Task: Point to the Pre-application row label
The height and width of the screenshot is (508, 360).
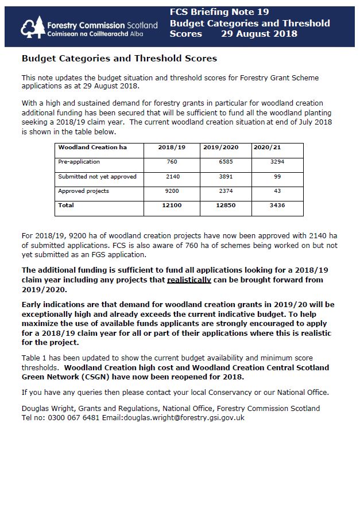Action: (x=79, y=162)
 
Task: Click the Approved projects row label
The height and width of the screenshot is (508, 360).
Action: (x=83, y=191)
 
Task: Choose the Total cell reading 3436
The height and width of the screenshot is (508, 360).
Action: (x=277, y=205)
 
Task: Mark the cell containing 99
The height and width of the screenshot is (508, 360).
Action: (x=277, y=176)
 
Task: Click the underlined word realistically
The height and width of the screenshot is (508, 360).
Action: (x=189, y=280)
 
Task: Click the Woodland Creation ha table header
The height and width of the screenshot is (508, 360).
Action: (x=92, y=148)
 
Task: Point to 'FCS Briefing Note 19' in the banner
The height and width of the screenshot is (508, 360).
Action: (x=219, y=12)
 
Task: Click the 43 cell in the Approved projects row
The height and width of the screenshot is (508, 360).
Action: (x=277, y=191)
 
